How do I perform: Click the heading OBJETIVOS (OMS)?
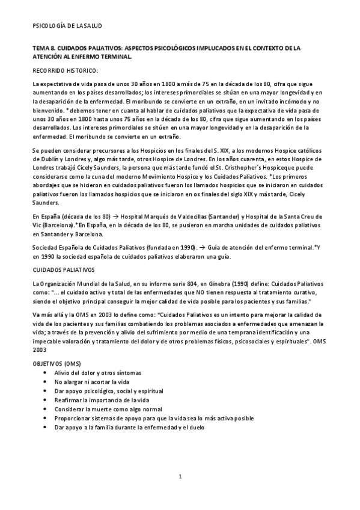[x=56, y=364]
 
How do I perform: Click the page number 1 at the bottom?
[x=180, y=478]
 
